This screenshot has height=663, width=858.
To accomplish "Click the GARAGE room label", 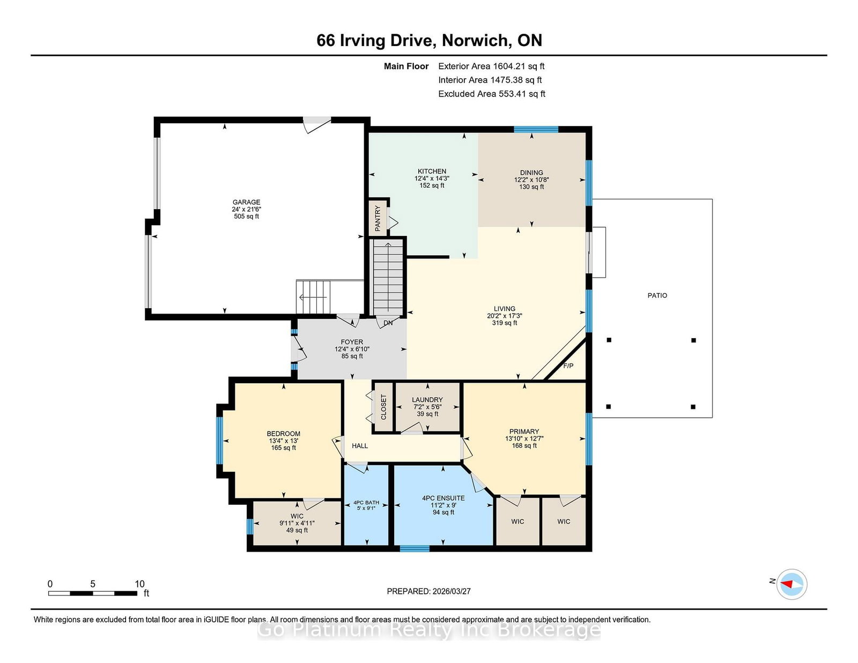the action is [246, 202].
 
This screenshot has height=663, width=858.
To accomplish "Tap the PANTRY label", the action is [378, 218].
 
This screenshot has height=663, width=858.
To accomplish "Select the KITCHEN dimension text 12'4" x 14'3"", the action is [432, 178].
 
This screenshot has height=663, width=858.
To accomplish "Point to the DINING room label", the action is [531, 173].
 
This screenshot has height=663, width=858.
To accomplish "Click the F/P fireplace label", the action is [568, 366].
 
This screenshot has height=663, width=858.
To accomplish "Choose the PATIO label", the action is [657, 295].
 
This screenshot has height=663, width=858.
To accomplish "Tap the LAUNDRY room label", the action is [427, 400].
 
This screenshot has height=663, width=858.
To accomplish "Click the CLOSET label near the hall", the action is [383, 407].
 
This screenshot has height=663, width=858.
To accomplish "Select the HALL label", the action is [360, 445].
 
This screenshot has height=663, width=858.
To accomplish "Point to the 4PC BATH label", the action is [366, 502].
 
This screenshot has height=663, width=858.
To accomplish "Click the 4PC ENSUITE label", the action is [443, 498].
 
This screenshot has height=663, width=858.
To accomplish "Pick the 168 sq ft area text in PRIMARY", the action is [524, 445].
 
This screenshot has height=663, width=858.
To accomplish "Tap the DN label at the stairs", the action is [388, 323].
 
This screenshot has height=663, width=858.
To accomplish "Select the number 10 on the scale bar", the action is [139, 584].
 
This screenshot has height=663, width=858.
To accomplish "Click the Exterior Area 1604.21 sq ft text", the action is [491, 66].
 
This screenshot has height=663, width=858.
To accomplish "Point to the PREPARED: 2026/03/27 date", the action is [429, 591].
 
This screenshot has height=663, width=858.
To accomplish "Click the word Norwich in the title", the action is [475, 41].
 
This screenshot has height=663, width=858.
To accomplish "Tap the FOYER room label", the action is [352, 342].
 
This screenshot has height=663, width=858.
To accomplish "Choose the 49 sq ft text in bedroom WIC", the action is [297, 530].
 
